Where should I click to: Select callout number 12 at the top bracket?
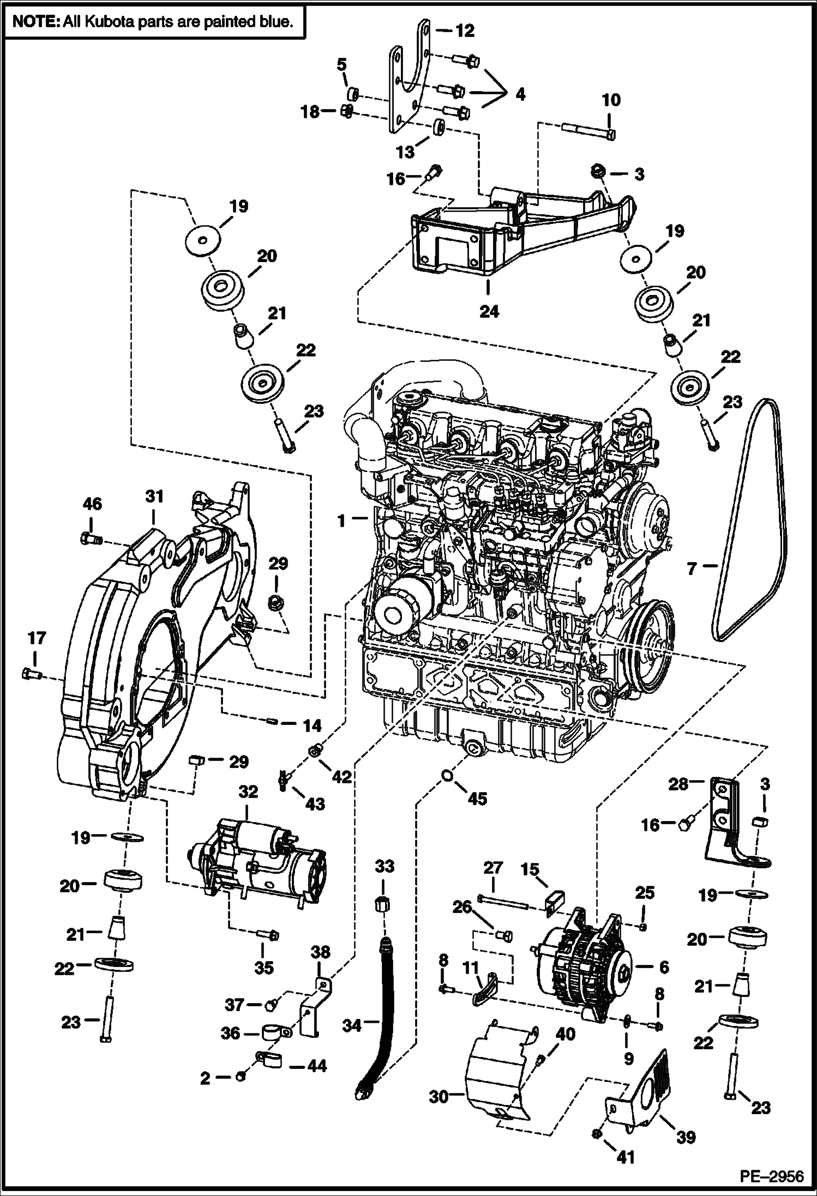[465, 31]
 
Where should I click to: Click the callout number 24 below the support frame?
[489, 311]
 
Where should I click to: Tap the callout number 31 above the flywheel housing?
[154, 497]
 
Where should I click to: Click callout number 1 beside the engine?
[341, 521]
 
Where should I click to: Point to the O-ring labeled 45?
[446, 776]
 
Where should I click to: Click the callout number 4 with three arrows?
[520, 94]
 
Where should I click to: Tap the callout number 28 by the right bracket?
[679, 784]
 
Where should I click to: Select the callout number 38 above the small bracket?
[321, 952]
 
